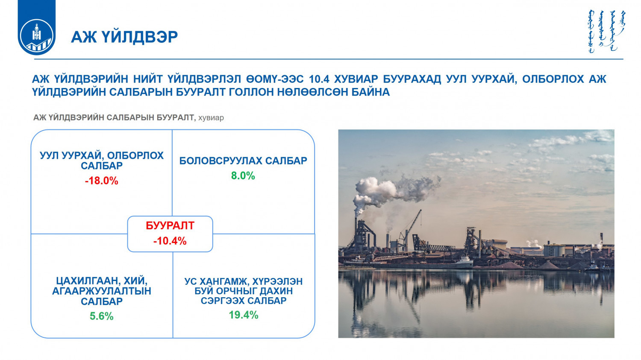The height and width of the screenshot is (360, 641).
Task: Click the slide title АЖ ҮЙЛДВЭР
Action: pos(124,37)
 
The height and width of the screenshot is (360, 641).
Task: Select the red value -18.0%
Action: pos(101,181)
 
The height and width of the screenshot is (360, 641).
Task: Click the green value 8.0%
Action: pos(243,176)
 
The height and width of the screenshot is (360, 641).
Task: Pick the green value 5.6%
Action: pos(101,316)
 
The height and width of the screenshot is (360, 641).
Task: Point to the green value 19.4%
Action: pos(244,315)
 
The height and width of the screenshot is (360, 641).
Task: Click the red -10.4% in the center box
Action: pos(170,241)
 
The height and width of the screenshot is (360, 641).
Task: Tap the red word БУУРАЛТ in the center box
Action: pos(170,225)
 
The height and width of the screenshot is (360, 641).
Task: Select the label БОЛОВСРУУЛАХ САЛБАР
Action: pos(243,161)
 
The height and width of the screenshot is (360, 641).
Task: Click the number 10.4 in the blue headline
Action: pos(319,79)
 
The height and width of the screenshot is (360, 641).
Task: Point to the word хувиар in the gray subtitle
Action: pos(211,118)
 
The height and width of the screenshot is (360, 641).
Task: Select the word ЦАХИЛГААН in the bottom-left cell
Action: pos(83,281)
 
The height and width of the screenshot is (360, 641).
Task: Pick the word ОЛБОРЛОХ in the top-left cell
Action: pos(135,155)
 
